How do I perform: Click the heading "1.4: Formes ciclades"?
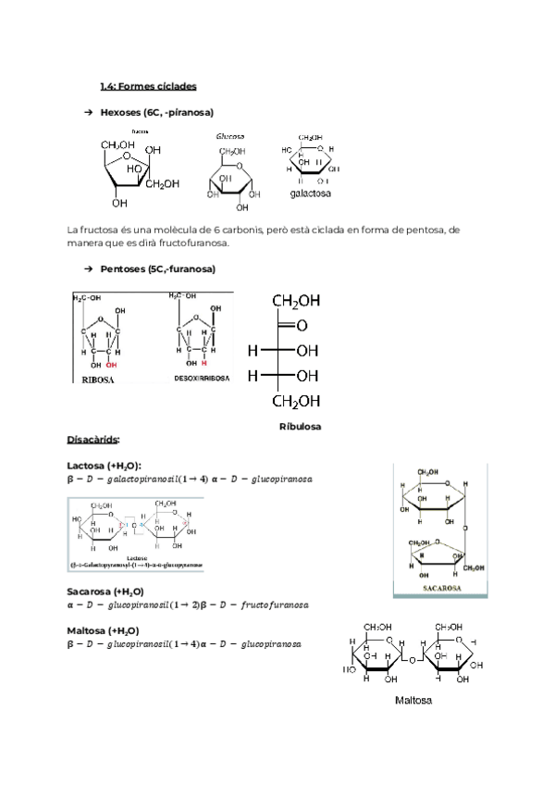coord(148,86)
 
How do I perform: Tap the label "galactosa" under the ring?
coord(310,195)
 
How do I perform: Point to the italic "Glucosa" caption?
coord(230,136)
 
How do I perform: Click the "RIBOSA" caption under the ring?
coord(98,380)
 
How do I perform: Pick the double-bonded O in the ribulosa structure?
coord(301,326)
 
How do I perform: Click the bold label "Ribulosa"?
coord(300,426)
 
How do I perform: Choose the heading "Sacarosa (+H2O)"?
coord(105,591)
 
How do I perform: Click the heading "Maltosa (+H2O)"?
coord(103,629)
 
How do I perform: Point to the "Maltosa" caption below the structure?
coord(413,701)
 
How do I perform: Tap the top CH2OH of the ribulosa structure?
coord(296,301)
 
